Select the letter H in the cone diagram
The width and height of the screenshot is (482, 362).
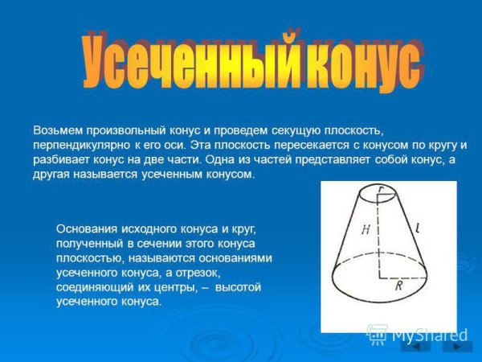[x=366, y=229]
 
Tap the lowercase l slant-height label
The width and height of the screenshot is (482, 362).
[x=419, y=228]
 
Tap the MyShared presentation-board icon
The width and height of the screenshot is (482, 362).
[x=376, y=334]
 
